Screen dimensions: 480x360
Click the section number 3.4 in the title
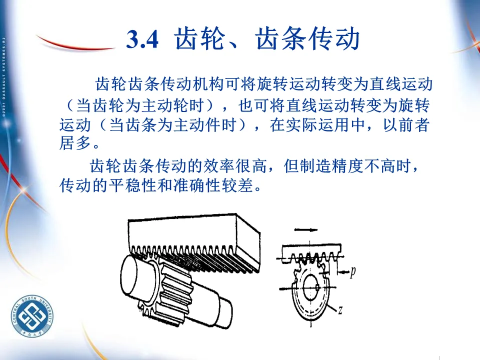pos(142,39)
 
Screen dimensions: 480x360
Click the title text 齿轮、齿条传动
pos(267,39)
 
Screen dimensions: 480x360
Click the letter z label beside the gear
pos(340,310)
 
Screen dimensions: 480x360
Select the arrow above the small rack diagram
pos(306,229)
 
